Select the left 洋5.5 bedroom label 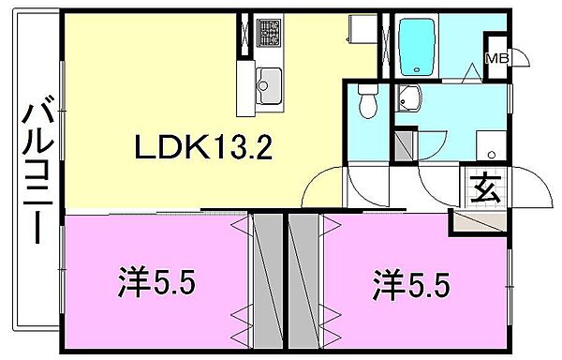(x=156, y=281)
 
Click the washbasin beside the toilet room (x=410, y=96)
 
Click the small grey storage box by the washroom (x=404, y=145)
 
